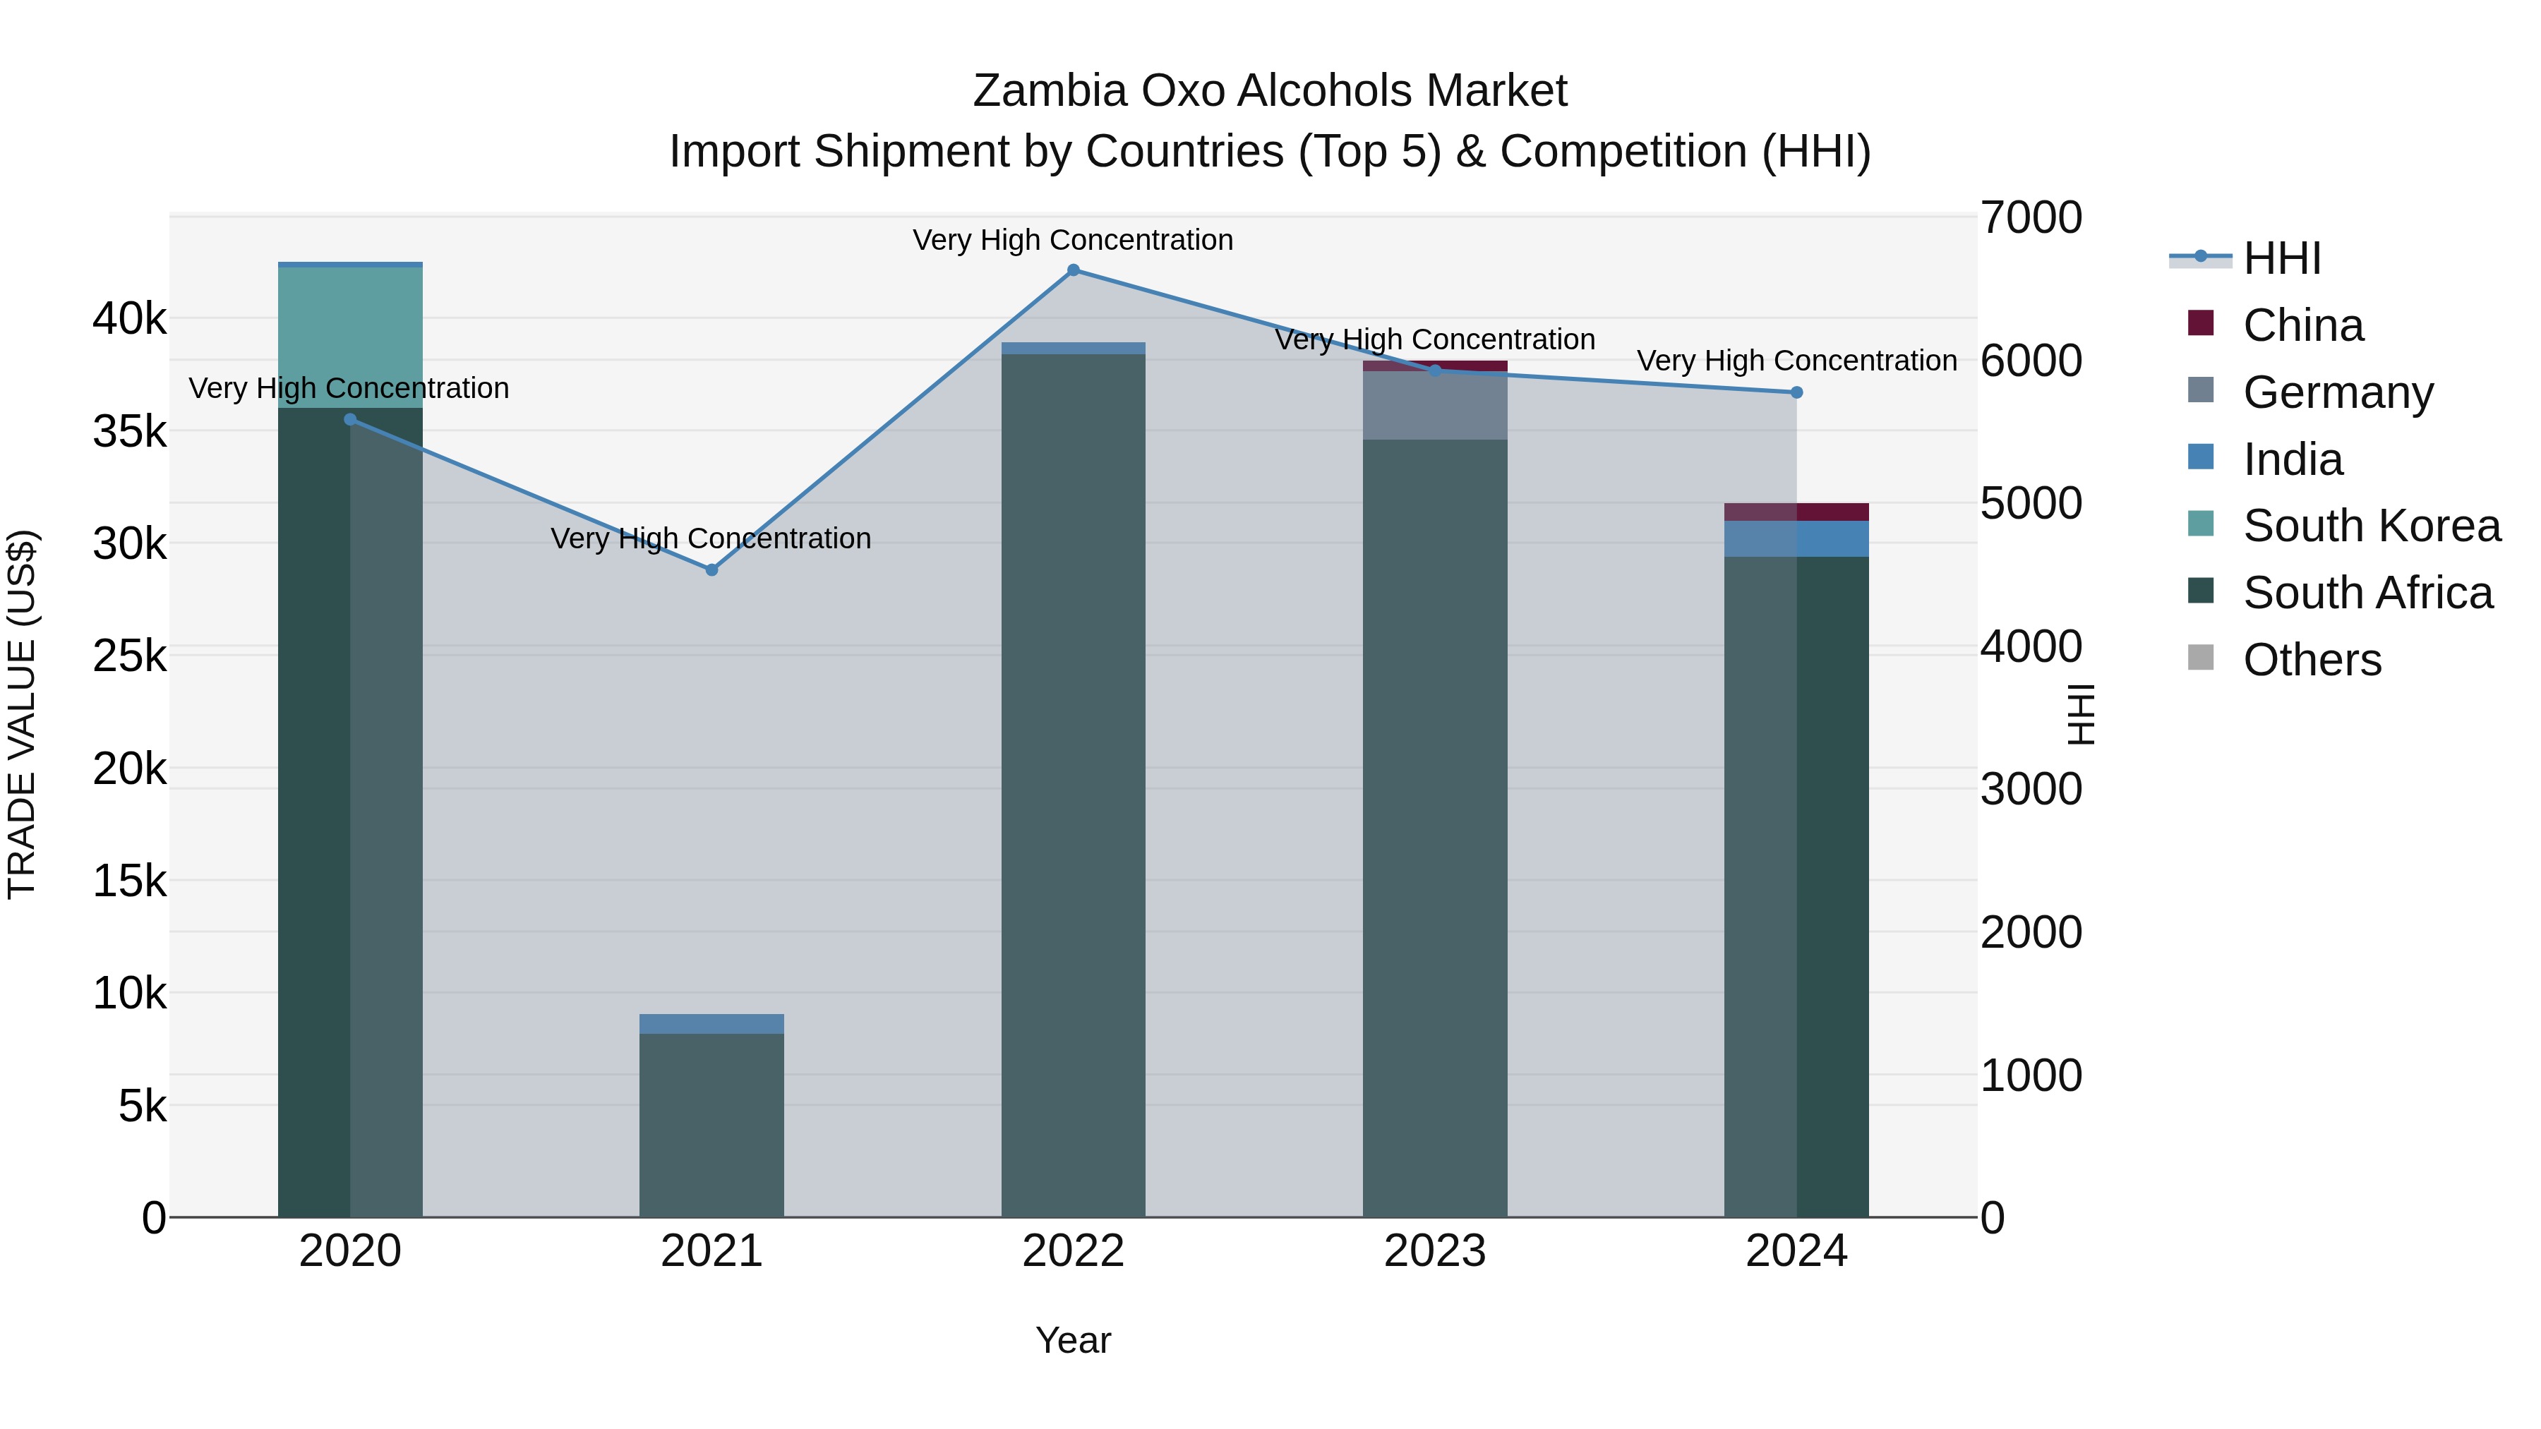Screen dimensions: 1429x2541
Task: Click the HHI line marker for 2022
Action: click(1073, 270)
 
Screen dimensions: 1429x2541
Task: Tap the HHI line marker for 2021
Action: click(711, 570)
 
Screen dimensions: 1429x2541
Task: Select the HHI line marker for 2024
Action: click(1796, 392)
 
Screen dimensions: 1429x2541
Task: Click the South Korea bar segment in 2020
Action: click(350, 337)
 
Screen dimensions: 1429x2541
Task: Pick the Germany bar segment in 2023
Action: click(1435, 405)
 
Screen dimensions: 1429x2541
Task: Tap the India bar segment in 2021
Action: click(711, 1024)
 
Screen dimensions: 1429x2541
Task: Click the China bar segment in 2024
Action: click(1796, 512)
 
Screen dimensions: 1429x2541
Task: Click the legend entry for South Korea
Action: click(2370, 526)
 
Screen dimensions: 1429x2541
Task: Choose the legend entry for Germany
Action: click(2337, 392)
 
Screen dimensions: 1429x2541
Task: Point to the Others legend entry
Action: click(2311, 660)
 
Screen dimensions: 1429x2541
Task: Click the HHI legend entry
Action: click(2281, 258)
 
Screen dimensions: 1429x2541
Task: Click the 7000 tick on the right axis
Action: click(2031, 218)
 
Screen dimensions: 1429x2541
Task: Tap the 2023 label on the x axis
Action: click(1435, 1251)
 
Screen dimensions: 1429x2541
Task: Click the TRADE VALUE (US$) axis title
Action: click(22, 714)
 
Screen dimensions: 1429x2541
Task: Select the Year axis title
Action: click(1073, 1340)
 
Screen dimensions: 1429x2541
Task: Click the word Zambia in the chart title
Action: click(1050, 91)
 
